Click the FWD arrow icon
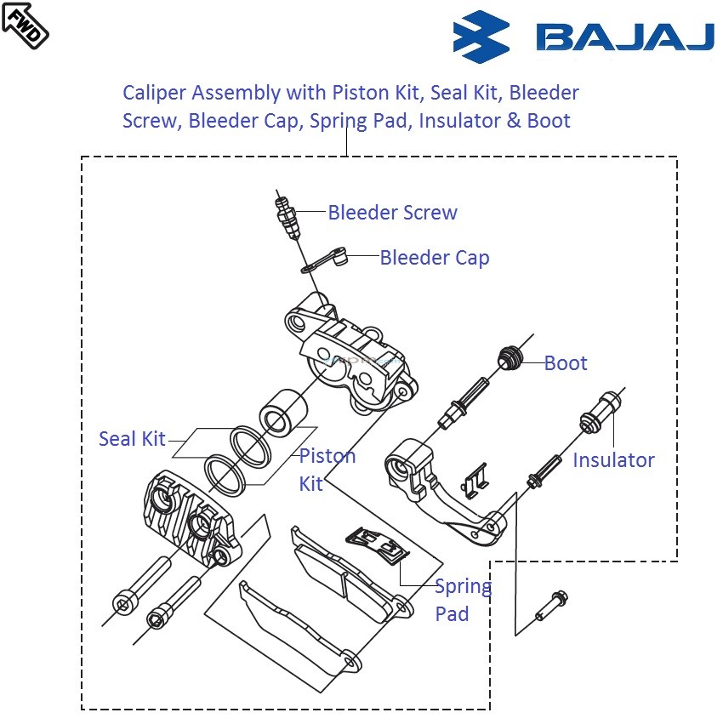point(25,25)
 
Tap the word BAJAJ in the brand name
point(624,38)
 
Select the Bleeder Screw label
point(392,213)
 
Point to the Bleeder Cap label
point(434,257)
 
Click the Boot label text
point(566,363)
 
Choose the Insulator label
point(613,460)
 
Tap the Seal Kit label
point(132,439)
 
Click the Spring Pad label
point(462,600)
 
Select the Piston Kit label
point(326,469)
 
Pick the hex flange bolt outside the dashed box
point(550,604)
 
